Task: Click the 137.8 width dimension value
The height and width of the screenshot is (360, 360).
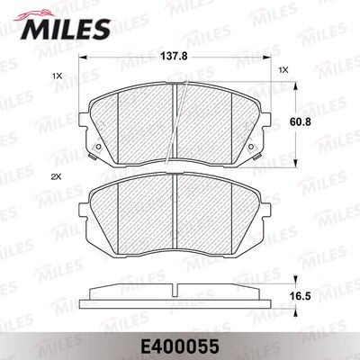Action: coord(174,57)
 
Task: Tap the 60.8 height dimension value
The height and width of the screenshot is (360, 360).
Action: coord(300,121)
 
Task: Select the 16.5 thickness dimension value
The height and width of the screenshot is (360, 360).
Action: coord(300,296)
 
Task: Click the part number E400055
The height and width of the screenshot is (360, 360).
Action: coord(180,347)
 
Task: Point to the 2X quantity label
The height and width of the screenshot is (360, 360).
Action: coord(56,177)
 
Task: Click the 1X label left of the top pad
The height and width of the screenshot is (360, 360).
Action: coord(57,76)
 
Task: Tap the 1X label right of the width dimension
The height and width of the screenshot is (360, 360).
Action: coord(283,70)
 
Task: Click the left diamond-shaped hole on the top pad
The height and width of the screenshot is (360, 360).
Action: coord(97,148)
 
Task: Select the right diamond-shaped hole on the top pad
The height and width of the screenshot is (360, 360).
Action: coord(251,147)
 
